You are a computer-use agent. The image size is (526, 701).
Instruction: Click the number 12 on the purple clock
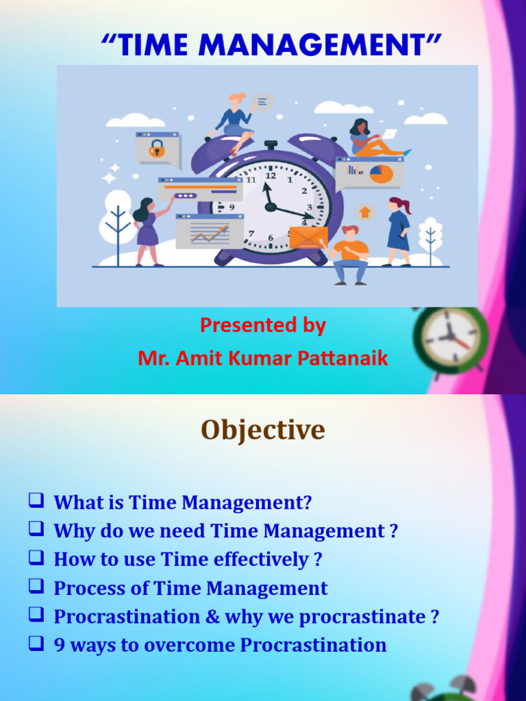pyautogui.click(x=271, y=175)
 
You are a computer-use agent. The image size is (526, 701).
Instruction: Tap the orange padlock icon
pyautogui.click(x=156, y=149)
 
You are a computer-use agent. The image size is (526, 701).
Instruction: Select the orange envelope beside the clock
pyautogui.click(x=308, y=238)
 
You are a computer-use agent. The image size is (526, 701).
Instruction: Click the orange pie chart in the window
pyautogui.click(x=381, y=174)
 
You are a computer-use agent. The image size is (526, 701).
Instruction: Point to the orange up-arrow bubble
pyautogui.click(x=364, y=212)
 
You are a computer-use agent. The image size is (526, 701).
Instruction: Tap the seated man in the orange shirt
pyautogui.click(x=350, y=254)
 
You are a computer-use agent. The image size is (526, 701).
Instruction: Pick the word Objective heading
pyautogui.click(x=263, y=431)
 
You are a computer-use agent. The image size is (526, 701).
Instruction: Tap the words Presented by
pyautogui.click(x=263, y=325)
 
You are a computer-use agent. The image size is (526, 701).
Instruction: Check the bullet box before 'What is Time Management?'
pyautogui.click(x=36, y=501)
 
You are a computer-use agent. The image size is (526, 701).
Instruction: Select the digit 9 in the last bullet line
pyautogui.click(x=59, y=646)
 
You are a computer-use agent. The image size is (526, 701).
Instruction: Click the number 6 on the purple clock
pyautogui.click(x=271, y=238)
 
